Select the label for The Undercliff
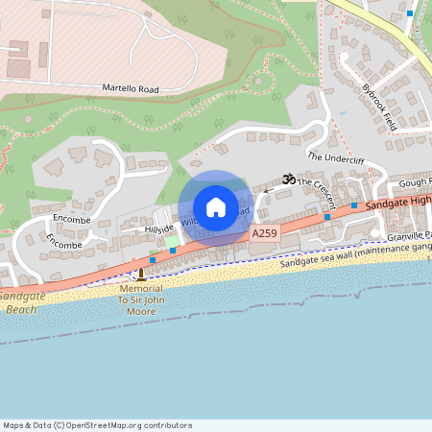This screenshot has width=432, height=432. [335, 156]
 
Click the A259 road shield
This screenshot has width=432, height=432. [265, 233]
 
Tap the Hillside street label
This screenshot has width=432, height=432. [158, 228]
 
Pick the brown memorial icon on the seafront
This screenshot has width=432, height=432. [141, 275]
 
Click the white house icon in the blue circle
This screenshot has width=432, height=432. [215, 207]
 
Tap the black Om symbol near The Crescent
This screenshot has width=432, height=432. [286, 180]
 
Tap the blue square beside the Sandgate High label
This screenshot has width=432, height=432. [353, 206]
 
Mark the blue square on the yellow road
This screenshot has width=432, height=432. [410, 13]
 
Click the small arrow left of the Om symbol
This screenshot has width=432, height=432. [269, 189]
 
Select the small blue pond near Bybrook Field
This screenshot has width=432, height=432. [342, 112]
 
